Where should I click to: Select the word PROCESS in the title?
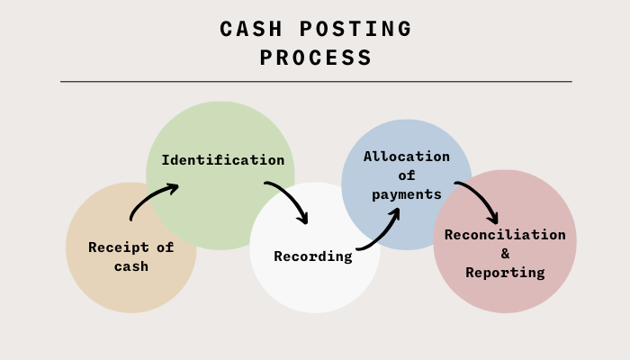316,58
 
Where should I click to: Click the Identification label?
222,160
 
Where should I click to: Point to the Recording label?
312,256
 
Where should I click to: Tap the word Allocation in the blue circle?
406,157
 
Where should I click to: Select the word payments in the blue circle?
406,194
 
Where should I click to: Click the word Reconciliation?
505,235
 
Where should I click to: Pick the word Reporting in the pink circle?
505,272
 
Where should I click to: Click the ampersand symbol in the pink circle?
505,254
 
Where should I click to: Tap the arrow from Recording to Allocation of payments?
380,230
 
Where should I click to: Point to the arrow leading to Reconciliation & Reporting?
478,200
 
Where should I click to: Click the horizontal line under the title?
316,82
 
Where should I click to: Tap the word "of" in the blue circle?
406,175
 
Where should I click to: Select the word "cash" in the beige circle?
130,266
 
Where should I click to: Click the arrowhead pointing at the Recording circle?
303,218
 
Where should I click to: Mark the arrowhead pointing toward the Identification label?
172,187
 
